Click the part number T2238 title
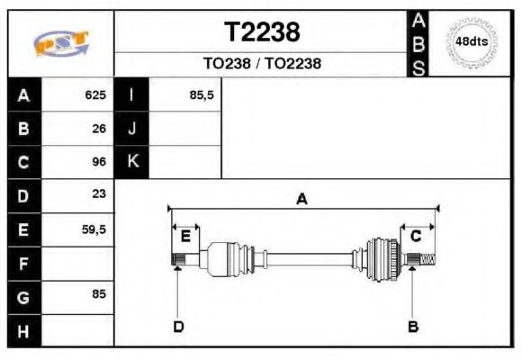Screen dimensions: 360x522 (261, 32)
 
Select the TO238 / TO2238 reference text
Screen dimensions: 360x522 (261, 64)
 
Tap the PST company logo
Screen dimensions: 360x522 (61, 43)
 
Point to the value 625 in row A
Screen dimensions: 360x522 (95, 94)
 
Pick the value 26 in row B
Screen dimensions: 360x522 (99, 129)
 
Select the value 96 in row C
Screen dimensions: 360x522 (99, 162)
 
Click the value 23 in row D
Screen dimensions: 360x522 (99, 194)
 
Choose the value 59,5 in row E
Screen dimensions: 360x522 (94, 229)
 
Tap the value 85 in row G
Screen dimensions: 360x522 (99, 293)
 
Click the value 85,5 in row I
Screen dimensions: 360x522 (202, 94)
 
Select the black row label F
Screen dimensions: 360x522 (23, 264)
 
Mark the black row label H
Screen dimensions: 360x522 (23, 331)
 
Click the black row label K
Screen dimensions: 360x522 (132, 162)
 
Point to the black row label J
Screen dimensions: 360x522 (132, 129)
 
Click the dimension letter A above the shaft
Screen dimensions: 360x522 (301, 200)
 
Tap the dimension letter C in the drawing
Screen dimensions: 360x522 (416, 236)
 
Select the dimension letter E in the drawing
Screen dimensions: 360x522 (185, 236)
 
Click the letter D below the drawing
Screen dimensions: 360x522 (178, 326)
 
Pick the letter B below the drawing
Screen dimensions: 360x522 (413, 326)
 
